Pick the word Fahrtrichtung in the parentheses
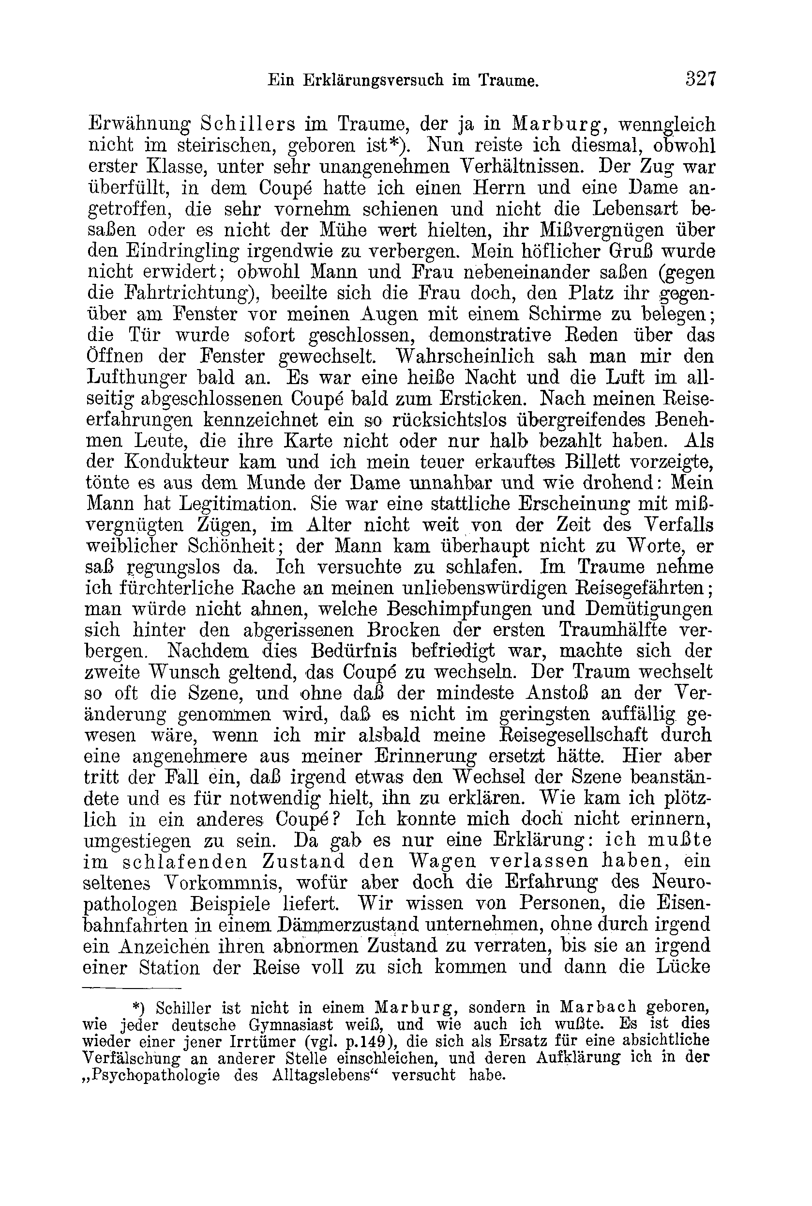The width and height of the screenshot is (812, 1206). [190, 294]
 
